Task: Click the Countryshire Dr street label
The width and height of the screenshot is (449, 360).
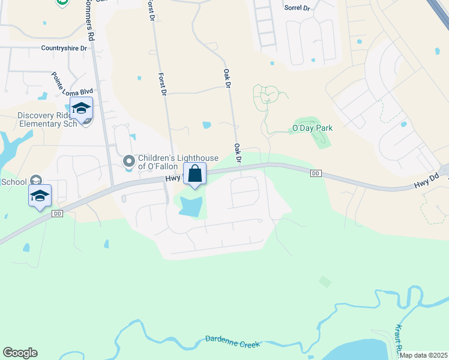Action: point(64,48)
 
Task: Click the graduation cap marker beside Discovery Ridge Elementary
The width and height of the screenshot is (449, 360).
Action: point(81,109)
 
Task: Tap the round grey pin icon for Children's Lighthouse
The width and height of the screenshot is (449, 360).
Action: point(128,161)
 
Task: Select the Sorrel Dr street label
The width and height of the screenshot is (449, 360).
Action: point(297,9)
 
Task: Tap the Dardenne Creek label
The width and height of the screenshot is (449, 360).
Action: point(233,341)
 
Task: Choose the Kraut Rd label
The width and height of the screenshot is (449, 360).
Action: point(397,338)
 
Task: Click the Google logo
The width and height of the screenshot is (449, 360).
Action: point(20,353)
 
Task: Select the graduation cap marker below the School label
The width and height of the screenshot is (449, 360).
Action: point(40,196)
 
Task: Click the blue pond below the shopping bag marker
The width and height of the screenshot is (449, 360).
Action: point(190,207)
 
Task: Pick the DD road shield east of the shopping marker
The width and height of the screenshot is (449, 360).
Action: point(316,173)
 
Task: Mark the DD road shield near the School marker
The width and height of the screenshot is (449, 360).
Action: point(58,214)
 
